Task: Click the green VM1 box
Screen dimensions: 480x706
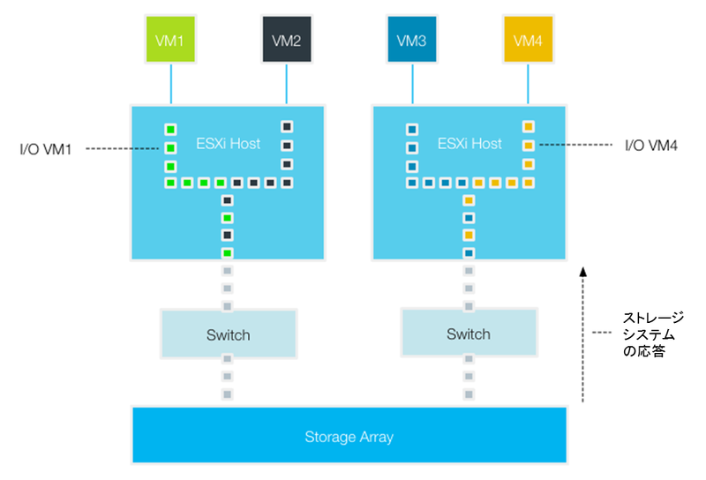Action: click(170, 40)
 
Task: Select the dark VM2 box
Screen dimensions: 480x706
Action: click(286, 40)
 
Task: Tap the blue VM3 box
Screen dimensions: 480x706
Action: click(412, 40)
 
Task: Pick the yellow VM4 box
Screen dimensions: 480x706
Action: click(528, 40)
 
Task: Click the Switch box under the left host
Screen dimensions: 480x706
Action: click(228, 334)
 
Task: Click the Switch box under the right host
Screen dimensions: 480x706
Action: click(468, 334)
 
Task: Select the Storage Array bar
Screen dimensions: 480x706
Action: click(349, 436)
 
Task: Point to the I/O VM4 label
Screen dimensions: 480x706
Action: click(650, 144)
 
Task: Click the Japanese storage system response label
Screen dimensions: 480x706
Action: click(653, 334)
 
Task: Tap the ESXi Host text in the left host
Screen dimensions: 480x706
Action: click(229, 143)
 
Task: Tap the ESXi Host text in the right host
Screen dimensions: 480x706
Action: click(469, 143)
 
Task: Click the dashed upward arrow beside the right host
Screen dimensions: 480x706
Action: click(582, 335)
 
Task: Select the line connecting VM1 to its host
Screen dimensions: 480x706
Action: click(170, 84)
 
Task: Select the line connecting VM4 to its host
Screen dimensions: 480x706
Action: click(528, 84)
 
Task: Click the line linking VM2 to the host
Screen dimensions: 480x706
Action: click(286, 84)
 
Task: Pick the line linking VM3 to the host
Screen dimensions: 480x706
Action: click(412, 84)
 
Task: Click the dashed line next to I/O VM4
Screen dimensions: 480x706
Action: click(574, 145)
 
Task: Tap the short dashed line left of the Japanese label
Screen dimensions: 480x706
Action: click(603, 334)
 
